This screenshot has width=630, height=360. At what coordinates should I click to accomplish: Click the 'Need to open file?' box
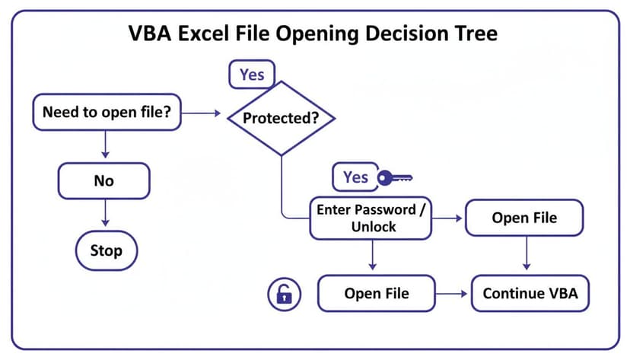(x=106, y=113)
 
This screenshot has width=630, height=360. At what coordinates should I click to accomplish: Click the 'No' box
(x=103, y=181)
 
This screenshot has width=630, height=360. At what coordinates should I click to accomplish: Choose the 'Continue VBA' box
(x=530, y=293)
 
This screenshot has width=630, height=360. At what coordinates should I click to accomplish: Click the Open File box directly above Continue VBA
(x=524, y=218)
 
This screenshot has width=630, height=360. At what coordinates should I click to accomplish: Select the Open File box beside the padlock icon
(x=376, y=293)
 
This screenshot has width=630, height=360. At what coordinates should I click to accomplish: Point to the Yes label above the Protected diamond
(x=252, y=75)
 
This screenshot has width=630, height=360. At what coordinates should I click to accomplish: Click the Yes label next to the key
(x=355, y=177)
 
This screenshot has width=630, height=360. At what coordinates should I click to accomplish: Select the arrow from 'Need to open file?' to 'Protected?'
(x=201, y=114)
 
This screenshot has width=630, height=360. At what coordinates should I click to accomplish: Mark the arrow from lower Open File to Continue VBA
(x=452, y=293)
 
